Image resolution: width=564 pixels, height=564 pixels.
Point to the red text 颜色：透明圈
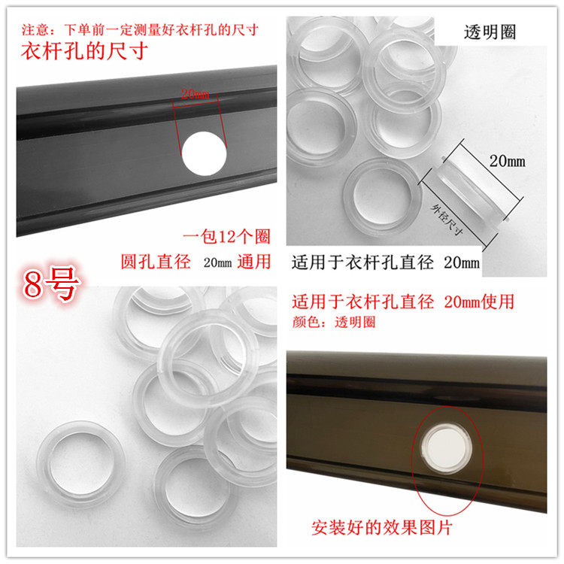(x=334, y=322)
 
